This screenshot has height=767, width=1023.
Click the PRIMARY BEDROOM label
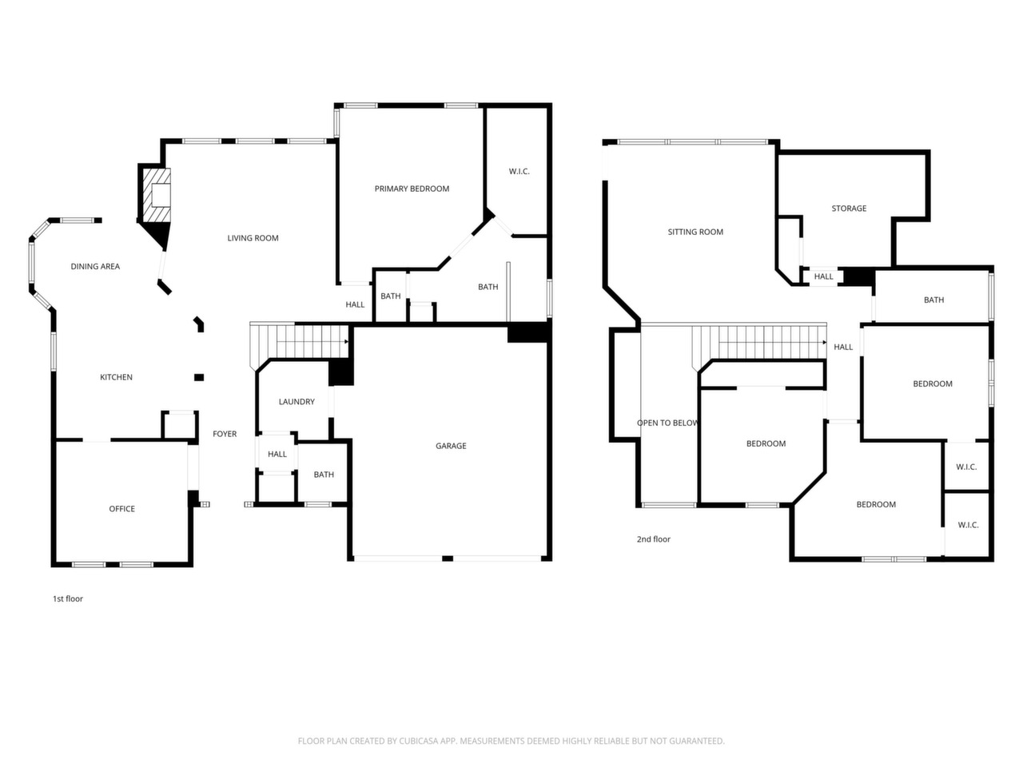412,189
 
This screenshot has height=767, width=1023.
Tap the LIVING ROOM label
253,238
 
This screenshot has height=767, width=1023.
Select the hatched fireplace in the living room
156,195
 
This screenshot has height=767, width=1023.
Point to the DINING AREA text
95,266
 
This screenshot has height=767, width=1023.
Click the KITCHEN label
116,377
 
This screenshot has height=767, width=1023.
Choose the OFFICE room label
121,509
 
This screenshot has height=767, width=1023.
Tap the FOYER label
225,434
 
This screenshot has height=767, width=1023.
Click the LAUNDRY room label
297,401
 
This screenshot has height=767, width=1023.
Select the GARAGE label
451,446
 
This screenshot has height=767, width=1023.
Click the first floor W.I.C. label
519,171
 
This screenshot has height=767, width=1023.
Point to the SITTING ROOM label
695,232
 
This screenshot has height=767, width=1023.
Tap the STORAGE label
849,209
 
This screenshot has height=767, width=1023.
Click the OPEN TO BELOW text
667,423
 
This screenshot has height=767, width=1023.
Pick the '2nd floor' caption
654,539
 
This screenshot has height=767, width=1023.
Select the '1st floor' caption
68,599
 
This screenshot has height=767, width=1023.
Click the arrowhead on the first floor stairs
346,342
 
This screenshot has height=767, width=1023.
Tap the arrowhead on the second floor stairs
825,343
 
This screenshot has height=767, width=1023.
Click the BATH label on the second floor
933,300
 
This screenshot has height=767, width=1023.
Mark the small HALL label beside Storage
823,276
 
